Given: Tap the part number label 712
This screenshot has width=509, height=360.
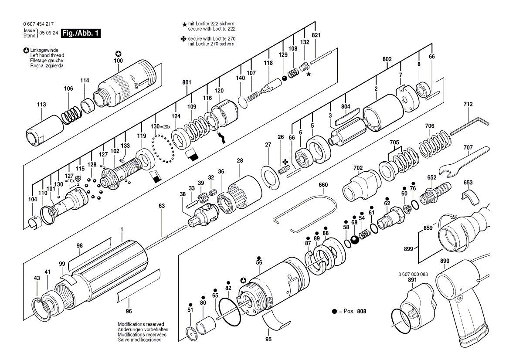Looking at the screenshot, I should (468, 105).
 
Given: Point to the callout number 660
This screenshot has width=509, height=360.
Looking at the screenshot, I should (323, 185).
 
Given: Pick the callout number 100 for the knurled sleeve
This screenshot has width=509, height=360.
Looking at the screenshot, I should (118, 61).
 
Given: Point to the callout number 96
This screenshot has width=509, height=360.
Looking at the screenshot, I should (129, 311).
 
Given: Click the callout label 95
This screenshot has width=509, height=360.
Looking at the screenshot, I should (268, 339).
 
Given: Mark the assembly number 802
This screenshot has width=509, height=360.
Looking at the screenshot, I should (387, 59).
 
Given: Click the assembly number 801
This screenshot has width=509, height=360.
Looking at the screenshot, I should (187, 82).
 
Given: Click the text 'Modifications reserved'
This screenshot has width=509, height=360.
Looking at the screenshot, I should (141, 325).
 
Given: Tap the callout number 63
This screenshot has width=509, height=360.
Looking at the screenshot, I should (162, 205).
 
